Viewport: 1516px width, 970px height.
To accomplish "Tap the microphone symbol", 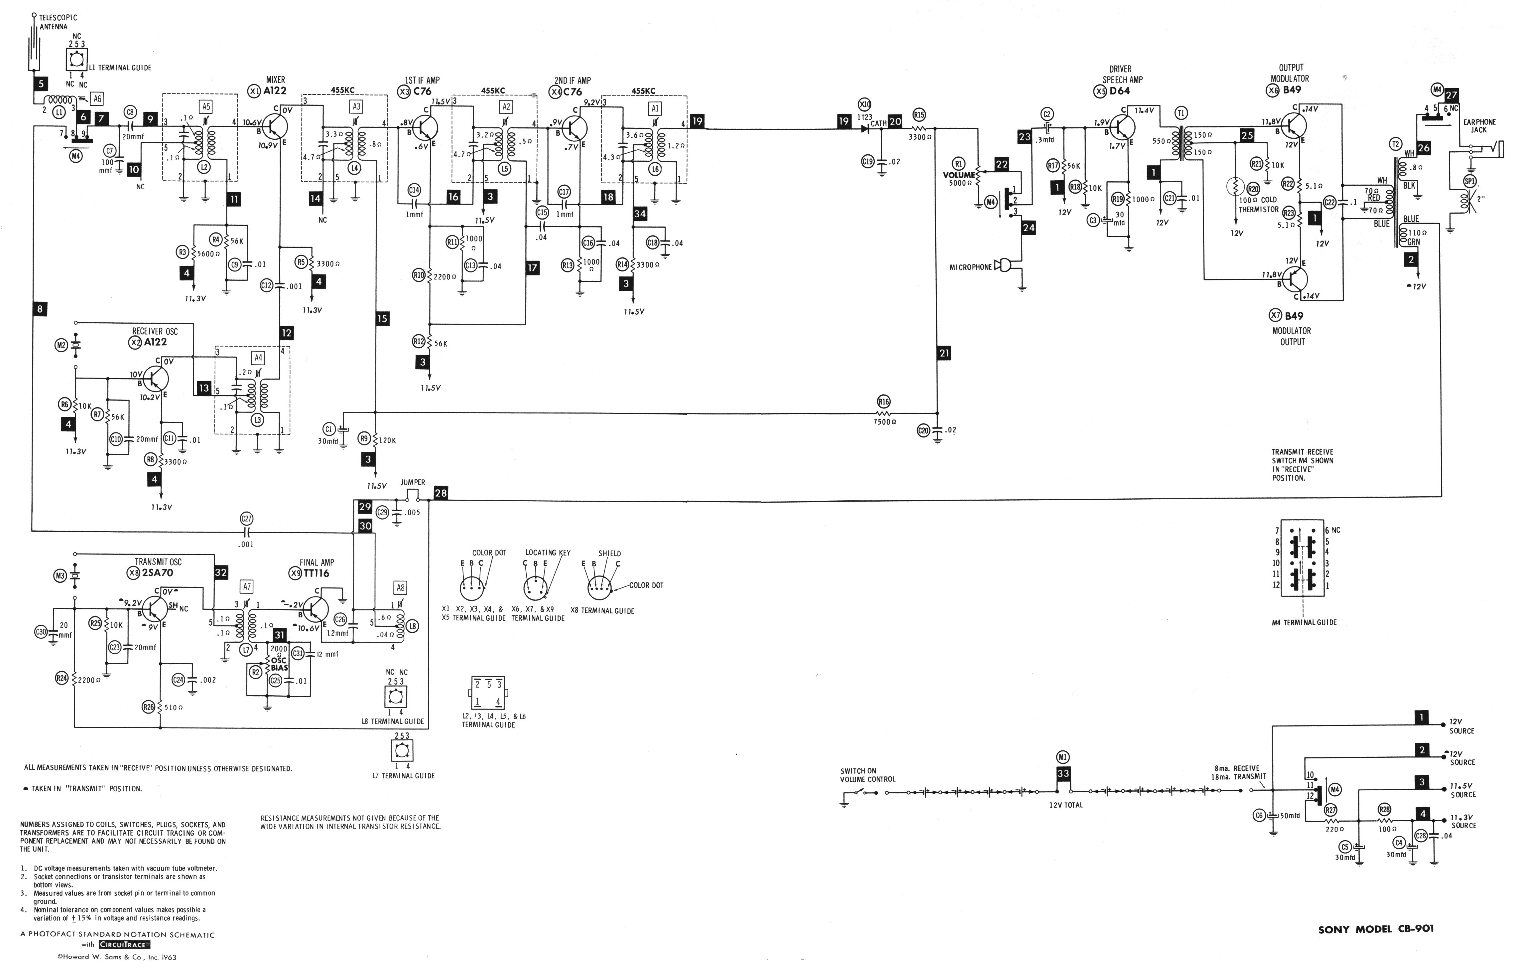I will (1001, 266).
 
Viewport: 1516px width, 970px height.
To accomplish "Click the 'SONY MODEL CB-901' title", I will (1376, 928).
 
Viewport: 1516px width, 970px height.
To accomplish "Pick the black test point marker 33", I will (1063, 774).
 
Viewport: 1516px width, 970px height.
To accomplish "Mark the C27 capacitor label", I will (247, 518).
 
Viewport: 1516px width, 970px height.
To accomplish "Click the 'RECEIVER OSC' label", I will (155, 331).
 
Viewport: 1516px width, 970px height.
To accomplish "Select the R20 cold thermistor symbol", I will (1235, 187).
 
